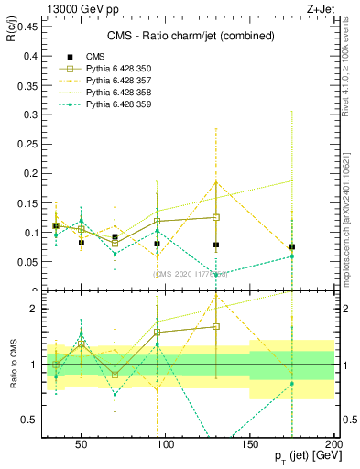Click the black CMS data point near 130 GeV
tap(216, 245)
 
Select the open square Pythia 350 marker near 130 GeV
tap(216, 217)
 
